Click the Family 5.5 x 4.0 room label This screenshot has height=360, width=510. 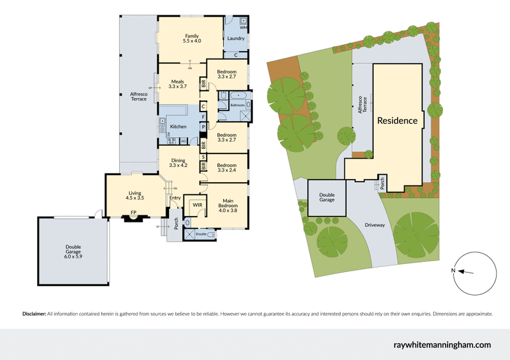tap(192, 38)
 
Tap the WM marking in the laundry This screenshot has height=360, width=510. tap(244, 28)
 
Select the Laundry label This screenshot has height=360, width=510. tap(236, 39)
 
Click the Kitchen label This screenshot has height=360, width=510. tap(178, 127)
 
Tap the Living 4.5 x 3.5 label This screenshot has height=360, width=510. tap(135, 196)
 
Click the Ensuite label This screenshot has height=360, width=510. tap(201, 234)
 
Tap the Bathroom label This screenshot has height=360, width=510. tap(238, 104)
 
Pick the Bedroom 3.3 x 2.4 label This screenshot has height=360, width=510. tap(227, 167)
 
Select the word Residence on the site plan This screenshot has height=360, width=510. tap(397, 120)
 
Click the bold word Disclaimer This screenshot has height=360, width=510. tap(34, 314)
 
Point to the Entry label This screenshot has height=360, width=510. tap(175, 198)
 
